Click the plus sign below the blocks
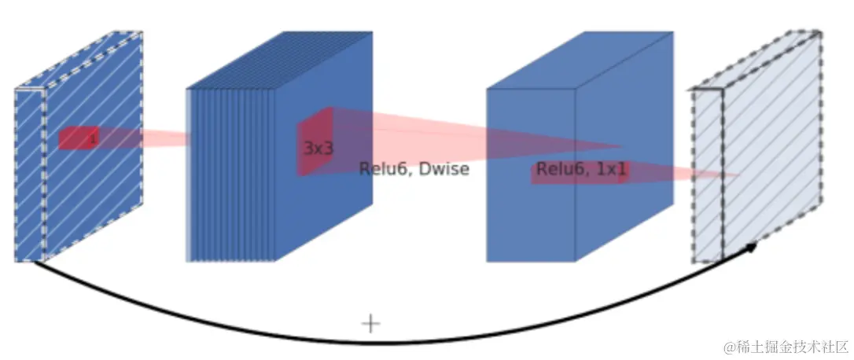point(370,323)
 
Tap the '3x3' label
point(318,148)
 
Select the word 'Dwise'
point(446,169)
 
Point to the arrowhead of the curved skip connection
point(751,248)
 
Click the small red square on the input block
point(79,138)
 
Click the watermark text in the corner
point(786,346)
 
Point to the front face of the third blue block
point(530,212)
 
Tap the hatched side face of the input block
point(93,181)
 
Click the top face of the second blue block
point(280,60)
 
